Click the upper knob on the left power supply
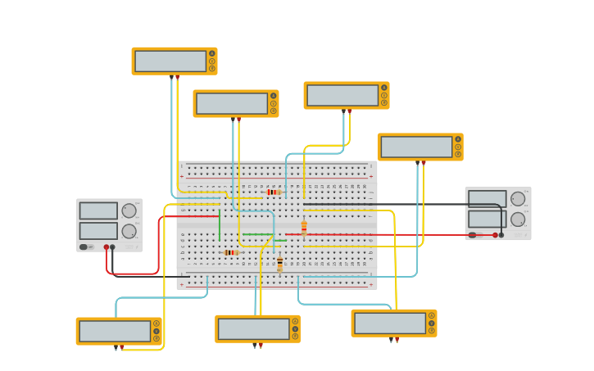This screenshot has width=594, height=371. (x=129, y=210)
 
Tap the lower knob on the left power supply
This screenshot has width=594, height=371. (x=129, y=231)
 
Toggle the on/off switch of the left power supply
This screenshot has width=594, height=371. (x=84, y=247)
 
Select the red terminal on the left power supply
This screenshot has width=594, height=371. (x=107, y=247)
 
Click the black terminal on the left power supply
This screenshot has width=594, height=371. (x=113, y=247)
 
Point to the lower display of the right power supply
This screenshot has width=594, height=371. (x=487, y=219)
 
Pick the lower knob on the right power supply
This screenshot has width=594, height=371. (x=518, y=219)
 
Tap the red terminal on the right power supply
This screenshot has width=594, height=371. (x=495, y=235)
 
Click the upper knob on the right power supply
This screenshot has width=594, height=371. (x=518, y=198)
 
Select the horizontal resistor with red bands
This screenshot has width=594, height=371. (x=273, y=192)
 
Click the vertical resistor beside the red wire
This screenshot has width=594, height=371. (x=304, y=227)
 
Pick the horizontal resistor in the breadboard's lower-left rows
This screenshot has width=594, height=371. (x=230, y=252)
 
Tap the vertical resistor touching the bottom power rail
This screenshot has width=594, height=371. (x=279, y=264)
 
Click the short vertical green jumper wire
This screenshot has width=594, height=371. (x=220, y=224)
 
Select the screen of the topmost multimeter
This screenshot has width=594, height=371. (x=170, y=61)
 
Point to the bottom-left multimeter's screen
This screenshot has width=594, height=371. (x=115, y=331)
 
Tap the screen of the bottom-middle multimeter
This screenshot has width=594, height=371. (x=253, y=328)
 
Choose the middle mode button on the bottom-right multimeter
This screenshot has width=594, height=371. (x=431, y=323)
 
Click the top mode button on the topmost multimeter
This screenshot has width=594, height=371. (x=211, y=54)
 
